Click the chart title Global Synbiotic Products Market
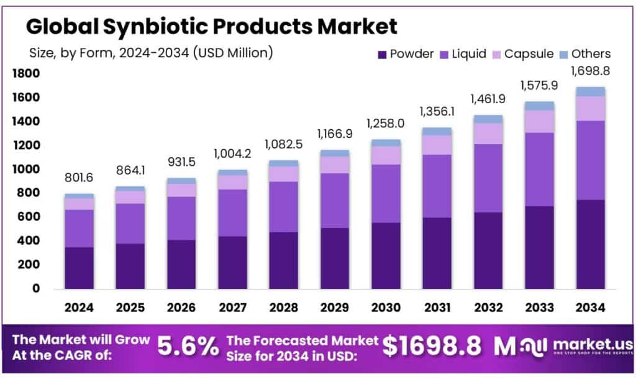click(x=211, y=26)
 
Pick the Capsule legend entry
click(x=521, y=54)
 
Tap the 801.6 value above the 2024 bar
click(x=79, y=178)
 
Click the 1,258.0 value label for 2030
click(x=385, y=124)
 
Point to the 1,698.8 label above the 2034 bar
click(x=590, y=71)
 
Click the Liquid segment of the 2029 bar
click(x=334, y=200)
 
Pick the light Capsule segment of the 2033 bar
click(x=539, y=121)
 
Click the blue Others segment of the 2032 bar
click(x=488, y=119)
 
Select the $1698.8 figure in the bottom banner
click(x=433, y=347)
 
